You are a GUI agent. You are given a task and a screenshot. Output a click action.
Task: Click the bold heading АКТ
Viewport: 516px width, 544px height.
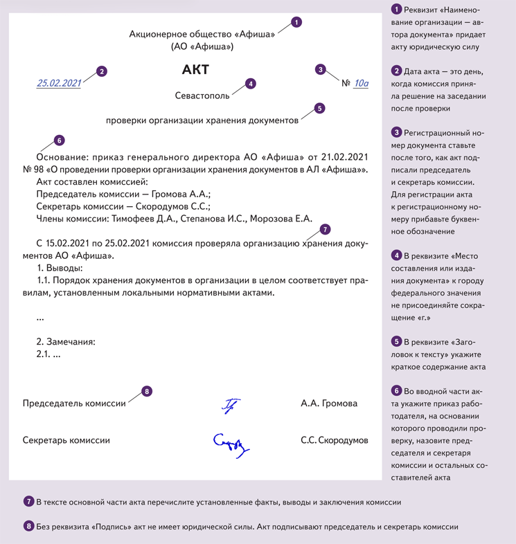coord(195,70)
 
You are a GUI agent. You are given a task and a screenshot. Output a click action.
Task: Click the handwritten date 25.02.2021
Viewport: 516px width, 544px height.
coord(59,83)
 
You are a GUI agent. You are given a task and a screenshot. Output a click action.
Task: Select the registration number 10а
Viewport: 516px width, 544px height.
coord(361,84)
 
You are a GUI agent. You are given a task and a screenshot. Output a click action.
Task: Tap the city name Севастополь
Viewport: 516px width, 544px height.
coord(202,96)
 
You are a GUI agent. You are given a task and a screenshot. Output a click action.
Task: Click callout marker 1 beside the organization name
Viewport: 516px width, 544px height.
coord(296,22)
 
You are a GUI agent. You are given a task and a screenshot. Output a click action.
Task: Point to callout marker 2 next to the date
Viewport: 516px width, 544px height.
coord(102,71)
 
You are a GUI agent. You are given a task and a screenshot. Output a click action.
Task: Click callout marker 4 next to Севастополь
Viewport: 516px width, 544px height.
coord(250,83)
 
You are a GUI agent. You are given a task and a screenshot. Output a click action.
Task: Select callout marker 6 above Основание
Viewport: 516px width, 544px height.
coord(59,140)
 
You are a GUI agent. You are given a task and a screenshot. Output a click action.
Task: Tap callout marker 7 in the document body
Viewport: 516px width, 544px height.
coord(325,229)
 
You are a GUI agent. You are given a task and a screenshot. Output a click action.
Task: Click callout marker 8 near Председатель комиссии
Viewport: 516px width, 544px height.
coord(146,392)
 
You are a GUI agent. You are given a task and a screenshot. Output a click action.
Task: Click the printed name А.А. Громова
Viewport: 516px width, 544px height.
coord(329,404)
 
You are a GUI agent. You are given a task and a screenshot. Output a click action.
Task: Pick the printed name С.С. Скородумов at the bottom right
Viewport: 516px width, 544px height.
coord(335,440)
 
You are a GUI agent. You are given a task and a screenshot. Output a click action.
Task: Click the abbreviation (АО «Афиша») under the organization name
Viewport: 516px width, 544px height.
coord(202,47)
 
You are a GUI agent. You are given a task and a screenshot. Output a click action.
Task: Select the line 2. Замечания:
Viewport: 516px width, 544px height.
coord(65,341)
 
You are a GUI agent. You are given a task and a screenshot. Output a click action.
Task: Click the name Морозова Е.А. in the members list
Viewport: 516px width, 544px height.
coord(284,219)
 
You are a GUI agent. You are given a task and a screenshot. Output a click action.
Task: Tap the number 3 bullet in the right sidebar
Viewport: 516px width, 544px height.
coord(396,132)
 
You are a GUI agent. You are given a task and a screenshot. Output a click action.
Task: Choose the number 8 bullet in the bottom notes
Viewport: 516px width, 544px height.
coord(28,527)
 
